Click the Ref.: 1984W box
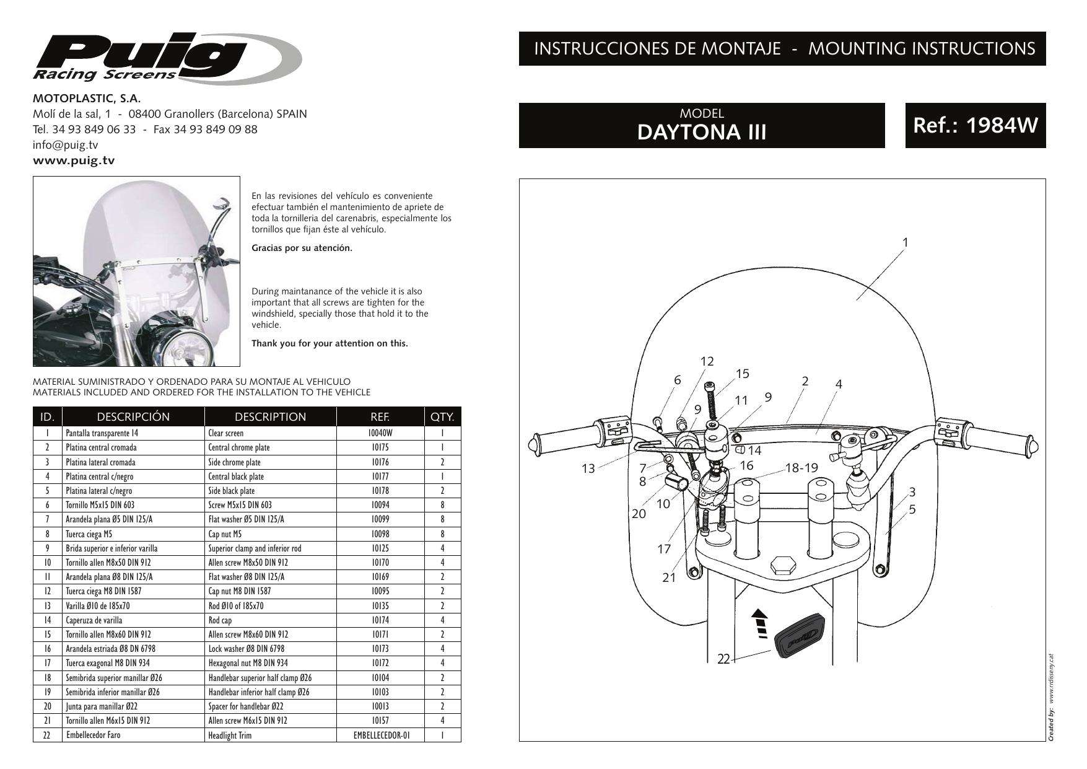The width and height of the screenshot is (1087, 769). click(x=975, y=125)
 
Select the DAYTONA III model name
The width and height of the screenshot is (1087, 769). click(x=701, y=132)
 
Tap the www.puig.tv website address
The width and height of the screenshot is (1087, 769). click(x=74, y=160)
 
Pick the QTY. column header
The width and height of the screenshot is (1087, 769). click(x=442, y=417)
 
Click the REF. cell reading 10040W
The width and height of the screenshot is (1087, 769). click(x=380, y=433)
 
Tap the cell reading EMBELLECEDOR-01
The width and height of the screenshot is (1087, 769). click(x=380, y=736)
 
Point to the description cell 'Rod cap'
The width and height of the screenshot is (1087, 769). click(x=221, y=620)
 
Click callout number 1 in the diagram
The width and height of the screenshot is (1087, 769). click(x=905, y=242)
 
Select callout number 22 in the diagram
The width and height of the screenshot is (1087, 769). click(x=723, y=659)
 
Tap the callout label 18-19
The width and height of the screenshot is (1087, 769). click(x=801, y=468)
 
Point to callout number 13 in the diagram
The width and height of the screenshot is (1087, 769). click(x=588, y=468)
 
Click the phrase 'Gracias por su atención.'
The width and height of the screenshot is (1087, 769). click(x=302, y=248)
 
